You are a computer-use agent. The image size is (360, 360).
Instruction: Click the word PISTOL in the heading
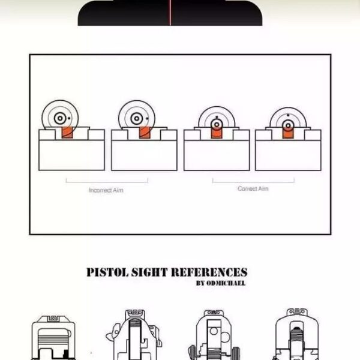pyautogui.click(x=107, y=272)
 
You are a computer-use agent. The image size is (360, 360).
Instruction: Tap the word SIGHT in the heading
pyautogui.click(x=149, y=272)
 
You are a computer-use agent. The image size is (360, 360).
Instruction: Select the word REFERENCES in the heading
pyautogui.click(x=209, y=272)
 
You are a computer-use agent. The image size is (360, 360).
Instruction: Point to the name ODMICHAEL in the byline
pyautogui.click(x=226, y=283)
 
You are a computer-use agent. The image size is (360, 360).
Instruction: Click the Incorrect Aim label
pyautogui.click(x=106, y=190)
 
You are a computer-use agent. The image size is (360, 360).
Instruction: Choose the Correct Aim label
pyautogui.click(x=253, y=188)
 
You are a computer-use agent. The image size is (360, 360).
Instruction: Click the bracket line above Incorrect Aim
pyautogui.click(x=107, y=182)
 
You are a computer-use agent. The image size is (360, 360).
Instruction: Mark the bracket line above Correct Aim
pyautogui.click(x=253, y=182)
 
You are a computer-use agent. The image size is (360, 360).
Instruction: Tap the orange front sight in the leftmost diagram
pyautogui.click(x=67, y=133)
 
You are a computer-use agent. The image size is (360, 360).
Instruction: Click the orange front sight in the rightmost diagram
pyautogui.click(x=288, y=133)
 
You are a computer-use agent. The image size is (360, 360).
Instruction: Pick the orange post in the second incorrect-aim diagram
pyautogui.click(x=145, y=133)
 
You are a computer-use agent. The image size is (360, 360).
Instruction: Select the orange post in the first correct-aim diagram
pyautogui.click(x=217, y=133)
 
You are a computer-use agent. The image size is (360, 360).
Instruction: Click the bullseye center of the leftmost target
pyautogui.click(x=60, y=118)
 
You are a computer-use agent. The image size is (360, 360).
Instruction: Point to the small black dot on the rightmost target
pyautogui.click(x=288, y=115)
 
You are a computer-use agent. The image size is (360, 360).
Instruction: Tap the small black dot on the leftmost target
pyautogui.click(x=69, y=118)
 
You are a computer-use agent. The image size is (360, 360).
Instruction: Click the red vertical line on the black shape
pyautogui.click(x=170, y=13)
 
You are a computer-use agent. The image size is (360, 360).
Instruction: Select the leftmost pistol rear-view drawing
pyautogui.click(x=53, y=337)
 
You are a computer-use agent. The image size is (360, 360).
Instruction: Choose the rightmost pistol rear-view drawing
pyautogui.click(x=296, y=334)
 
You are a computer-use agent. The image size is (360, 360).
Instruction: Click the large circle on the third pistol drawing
pyautogui.click(x=225, y=337)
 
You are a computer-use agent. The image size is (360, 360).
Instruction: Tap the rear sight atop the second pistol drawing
pyautogui.click(x=135, y=313)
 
